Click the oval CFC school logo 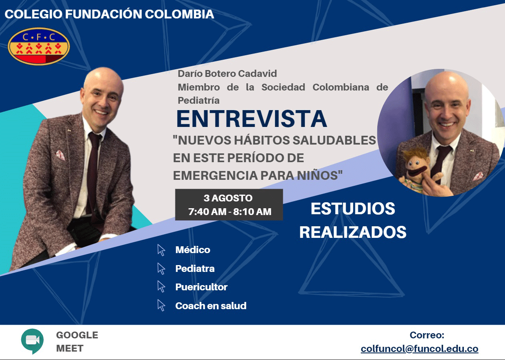pyautogui.click(x=39, y=46)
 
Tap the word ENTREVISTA pyautogui.click(x=252, y=119)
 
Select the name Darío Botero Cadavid pyautogui.click(x=227, y=74)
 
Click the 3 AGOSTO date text pyautogui.click(x=228, y=198)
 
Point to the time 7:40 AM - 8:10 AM pyautogui.click(x=230, y=212)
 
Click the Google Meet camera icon pyautogui.click(x=32, y=341)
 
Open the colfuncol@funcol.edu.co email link pyautogui.click(x=420, y=349)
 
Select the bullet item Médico pyautogui.click(x=193, y=250)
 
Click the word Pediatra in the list pyautogui.click(x=195, y=268)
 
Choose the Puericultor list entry pyautogui.click(x=201, y=287)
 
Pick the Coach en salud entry pyautogui.click(x=211, y=306)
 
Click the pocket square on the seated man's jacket pyautogui.click(x=60, y=155)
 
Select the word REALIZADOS pyautogui.click(x=353, y=232)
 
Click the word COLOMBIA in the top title pyautogui.click(x=179, y=14)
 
